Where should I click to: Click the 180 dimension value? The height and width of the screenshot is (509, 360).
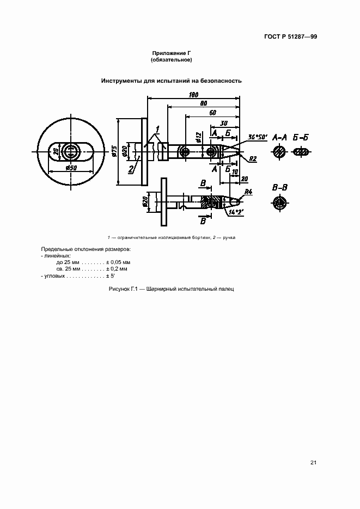click(x=193, y=95)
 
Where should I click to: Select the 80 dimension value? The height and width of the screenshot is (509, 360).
click(x=204, y=103)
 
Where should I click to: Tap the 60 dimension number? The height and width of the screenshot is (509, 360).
click(x=212, y=113)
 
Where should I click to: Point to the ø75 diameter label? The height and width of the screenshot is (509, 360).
click(x=114, y=151)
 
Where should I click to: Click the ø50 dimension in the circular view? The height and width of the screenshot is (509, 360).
click(x=71, y=168)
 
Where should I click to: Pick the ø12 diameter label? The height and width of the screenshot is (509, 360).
click(x=199, y=137)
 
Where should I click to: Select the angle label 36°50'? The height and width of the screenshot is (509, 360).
click(x=258, y=137)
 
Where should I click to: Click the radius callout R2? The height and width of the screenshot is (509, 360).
click(x=253, y=159)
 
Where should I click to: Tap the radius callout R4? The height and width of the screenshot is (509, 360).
click(x=248, y=192)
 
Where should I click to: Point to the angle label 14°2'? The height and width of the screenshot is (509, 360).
click(x=236, y=212)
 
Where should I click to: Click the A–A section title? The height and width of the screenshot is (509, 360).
click(x=279, y=137)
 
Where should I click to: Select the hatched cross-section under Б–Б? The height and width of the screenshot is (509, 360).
click(x=302, y=151)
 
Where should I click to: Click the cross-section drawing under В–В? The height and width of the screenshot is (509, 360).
click(x=279, y=203)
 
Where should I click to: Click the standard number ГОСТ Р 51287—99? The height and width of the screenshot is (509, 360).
click(x=290, y=36)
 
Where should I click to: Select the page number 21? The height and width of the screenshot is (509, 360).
click(x=313, y=463)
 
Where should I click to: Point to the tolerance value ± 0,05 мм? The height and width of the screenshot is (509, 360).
click(x=118, y=262)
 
